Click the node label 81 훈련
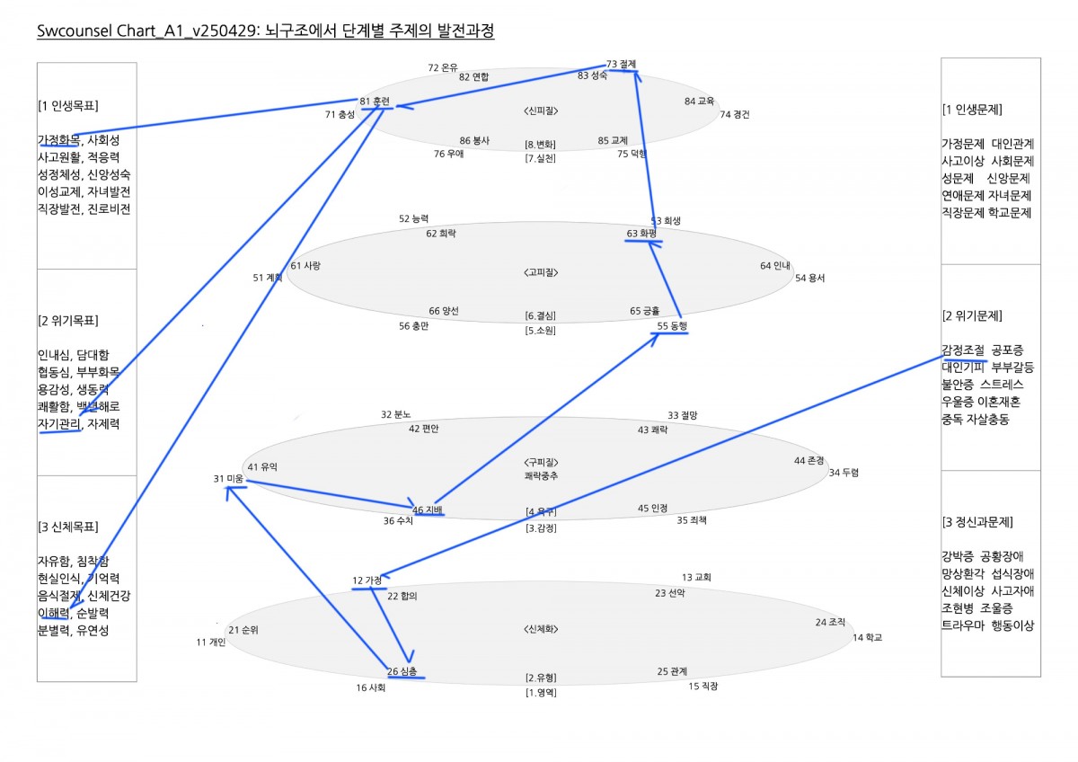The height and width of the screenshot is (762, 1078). coord(375,102)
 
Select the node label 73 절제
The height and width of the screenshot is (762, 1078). coord(621,64)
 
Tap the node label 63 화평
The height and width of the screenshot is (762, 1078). coord(641,234)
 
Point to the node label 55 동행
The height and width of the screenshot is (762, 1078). coord(671,326)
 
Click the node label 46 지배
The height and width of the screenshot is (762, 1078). coord(427,509)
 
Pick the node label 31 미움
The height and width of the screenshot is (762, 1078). coord(228,479)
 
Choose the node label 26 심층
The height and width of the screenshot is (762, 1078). coord(402,671)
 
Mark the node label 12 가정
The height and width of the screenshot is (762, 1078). coord(367,580)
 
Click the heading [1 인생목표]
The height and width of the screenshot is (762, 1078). coord(68,106)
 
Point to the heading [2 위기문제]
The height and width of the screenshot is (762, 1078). coord(973,316)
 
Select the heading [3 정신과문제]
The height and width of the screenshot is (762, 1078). coord(977,522)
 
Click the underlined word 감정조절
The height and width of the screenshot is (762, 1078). coord(963,350)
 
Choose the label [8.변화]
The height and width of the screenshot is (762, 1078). coord(541,144)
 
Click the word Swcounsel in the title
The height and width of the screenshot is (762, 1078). coord(75,32)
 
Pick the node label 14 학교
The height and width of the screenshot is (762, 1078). coord(867,637)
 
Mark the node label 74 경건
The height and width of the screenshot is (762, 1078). coord(734,114)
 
